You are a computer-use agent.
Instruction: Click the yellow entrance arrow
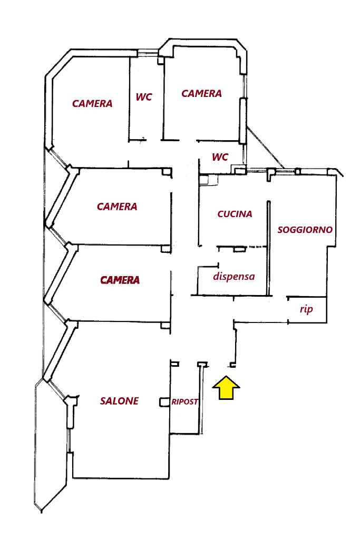point(226,388)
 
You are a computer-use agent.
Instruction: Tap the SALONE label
point(119,401)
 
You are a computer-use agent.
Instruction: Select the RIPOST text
point(184,401)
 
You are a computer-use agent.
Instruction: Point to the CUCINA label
point(235,214)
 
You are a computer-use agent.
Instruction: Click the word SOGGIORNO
point(305,230)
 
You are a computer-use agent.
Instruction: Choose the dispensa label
point(234,276)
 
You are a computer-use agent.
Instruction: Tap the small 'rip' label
point(306,309)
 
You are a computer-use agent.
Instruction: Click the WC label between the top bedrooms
point(144,97)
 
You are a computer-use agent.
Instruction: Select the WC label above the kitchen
point(220,157)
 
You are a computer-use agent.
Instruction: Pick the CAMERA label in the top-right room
point(201,94)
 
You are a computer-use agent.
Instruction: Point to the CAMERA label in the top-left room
point(92,103)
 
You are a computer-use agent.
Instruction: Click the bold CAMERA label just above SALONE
point(120,280)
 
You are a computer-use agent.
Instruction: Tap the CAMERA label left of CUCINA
point(117,207)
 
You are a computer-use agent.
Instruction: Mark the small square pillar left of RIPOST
point(163,403)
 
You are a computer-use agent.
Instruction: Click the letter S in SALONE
point(103,401)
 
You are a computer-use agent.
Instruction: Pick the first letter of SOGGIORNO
point(280,230)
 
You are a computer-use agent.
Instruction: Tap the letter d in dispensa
point(216,276)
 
